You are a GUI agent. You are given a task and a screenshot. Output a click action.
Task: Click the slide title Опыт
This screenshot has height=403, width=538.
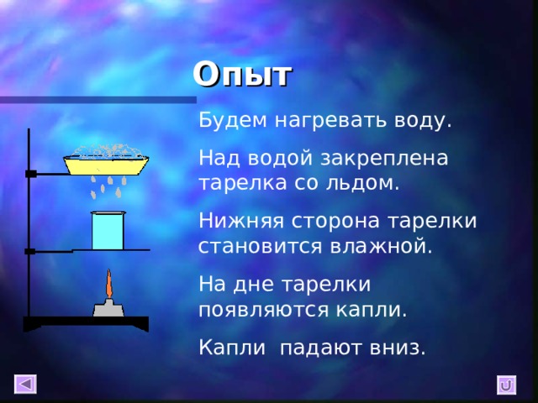point(242,75)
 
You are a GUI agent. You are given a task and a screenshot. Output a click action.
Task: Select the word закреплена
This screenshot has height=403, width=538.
point(391,157)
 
